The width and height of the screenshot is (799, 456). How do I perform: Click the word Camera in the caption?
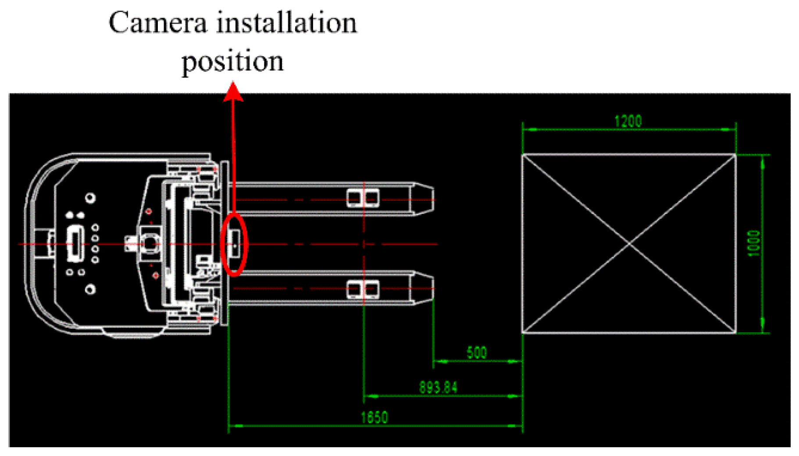(x=157, y=23)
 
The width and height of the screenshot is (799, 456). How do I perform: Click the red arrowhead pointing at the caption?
(x=233, y=91)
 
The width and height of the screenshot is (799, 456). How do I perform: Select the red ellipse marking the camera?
(x=235, y=244)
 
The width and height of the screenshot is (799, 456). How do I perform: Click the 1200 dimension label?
(x=628, y=121)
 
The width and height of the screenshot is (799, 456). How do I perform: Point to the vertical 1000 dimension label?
(x=753, y=243)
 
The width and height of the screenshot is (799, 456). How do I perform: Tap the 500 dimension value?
(x=477, y=353)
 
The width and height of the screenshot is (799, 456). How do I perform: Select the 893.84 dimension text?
(x=438, y=388)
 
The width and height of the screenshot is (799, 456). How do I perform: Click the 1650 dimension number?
(x=374, y=417)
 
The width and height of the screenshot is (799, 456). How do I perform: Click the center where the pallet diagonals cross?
(x=629, y=244)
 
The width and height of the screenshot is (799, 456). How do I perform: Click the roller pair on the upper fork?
(x=363, y=198)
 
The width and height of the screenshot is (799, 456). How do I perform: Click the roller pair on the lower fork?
(x=363, y=289)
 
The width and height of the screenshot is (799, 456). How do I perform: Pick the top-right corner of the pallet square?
(x=735, y=155)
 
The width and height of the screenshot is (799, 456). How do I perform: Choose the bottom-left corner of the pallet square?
(x=523, y=333)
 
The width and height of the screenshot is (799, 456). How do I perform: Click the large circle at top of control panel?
(x=90, y=198)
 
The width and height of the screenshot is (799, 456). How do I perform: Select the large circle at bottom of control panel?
(x=90, y=289)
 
